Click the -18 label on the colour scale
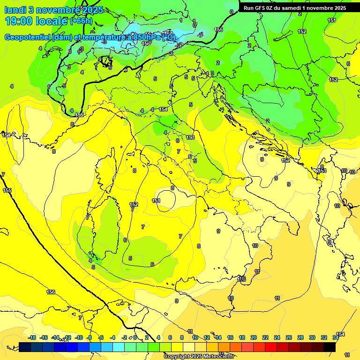(32, 337)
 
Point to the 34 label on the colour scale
(336, 337)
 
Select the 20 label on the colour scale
(254, 337)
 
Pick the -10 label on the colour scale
(79, 337)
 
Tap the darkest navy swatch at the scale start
(25, 347)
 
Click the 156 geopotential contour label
(51, 292)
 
